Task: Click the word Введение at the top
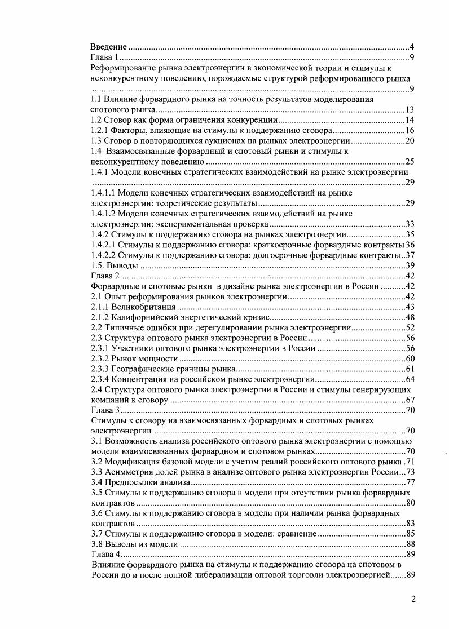point(109,47)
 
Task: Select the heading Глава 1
point(105,57)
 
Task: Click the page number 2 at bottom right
point(413,600)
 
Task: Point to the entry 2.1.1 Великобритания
point(134,307)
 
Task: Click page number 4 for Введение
point(412,47)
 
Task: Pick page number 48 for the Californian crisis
point(410,317)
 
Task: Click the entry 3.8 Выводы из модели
point(135,544)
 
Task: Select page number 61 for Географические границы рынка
point(410,369)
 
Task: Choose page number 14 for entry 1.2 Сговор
point(410,120)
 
